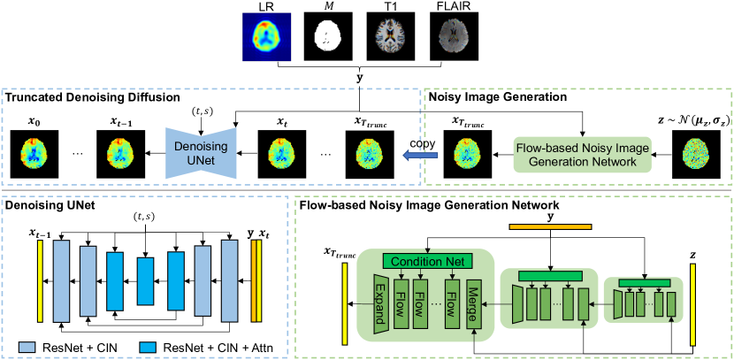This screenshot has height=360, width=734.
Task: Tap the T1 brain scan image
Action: pos(380,36)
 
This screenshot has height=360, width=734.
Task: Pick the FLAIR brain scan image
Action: pos(439,36)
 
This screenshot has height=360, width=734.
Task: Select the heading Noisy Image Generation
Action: pos(497,97)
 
